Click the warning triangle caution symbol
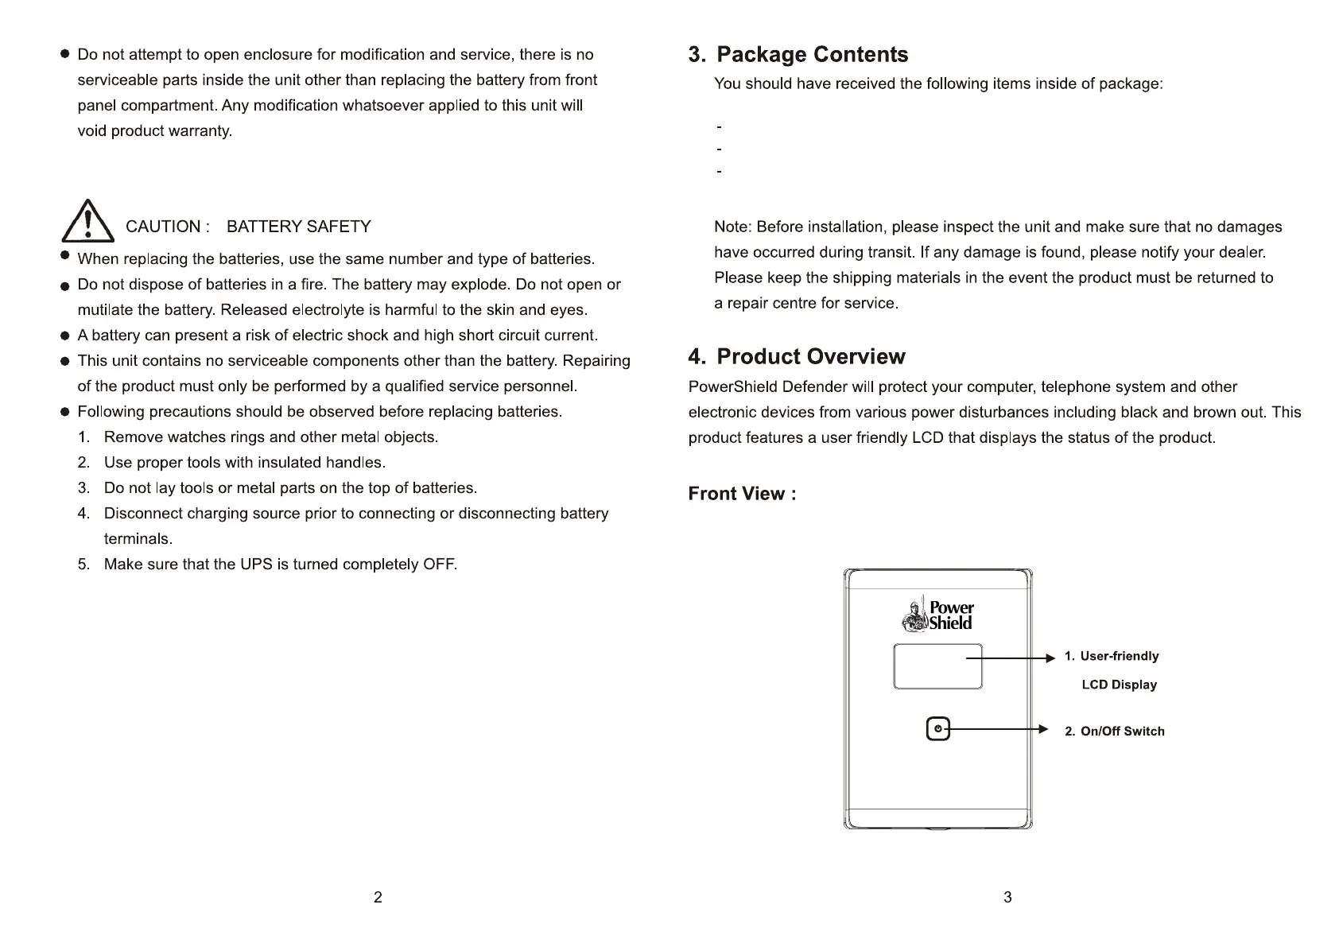87,222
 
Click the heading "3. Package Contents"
798,54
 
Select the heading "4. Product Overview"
796,356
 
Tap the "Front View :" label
742,494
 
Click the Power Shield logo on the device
938,615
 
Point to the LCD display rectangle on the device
937,666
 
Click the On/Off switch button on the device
938,729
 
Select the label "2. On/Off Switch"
1114,732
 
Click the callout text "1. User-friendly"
1112,656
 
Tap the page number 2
378,897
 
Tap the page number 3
1007,897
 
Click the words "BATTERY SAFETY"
298,227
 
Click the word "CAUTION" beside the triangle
163,227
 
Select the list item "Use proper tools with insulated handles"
244,463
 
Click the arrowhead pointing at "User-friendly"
1050,658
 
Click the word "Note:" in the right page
732,227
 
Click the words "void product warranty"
154,131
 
